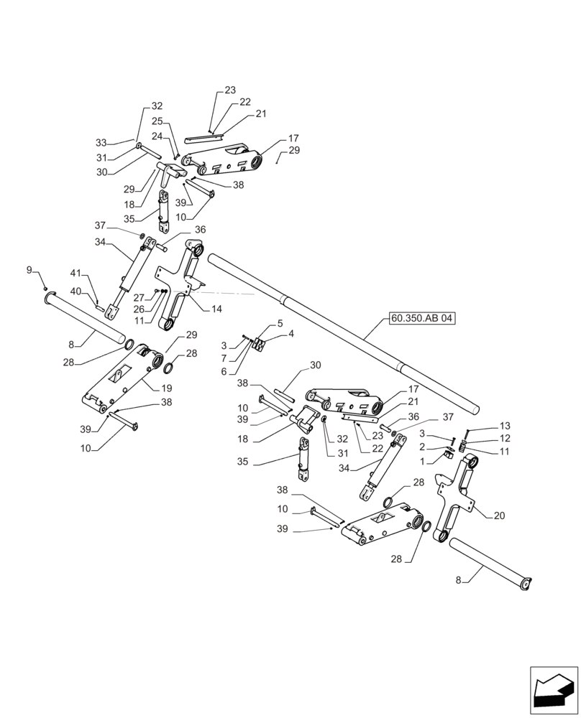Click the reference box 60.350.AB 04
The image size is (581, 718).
tap(423, 318)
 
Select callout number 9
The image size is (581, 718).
tap(29, 270)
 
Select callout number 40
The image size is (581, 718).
tap(76, 291)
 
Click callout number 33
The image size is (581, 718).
tap(101, 142)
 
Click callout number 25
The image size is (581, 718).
tap(157, 121)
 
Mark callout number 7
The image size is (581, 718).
tap(224, 358)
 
